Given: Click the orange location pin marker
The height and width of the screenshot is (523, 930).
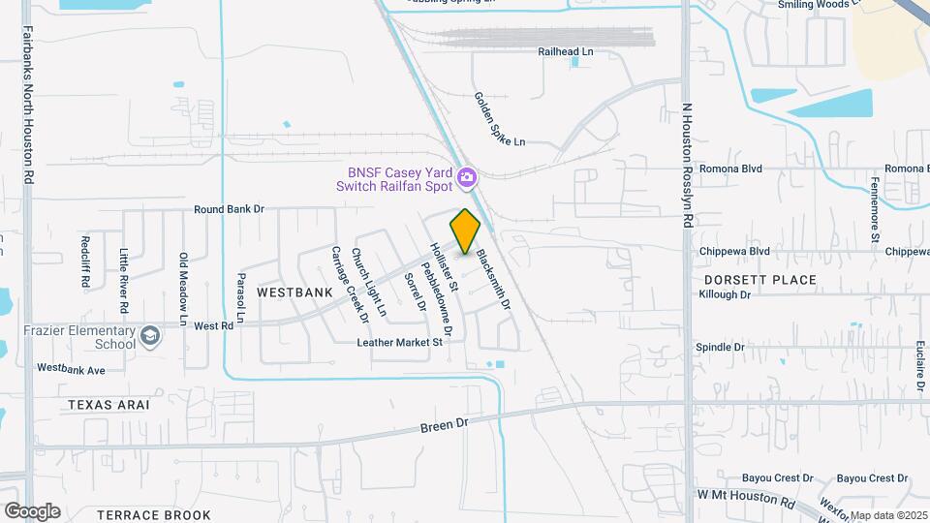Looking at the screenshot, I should (466, 231).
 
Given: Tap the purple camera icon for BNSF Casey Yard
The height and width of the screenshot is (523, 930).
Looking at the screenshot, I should (467, 177).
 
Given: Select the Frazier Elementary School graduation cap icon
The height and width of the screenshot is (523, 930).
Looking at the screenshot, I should (149, 336).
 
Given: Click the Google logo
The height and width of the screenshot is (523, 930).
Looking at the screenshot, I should (32, 510).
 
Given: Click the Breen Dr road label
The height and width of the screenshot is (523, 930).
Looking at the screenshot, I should (444, 425).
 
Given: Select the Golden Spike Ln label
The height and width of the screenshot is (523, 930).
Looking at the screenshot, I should (499, 119).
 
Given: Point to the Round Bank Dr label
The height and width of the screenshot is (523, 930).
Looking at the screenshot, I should (229, 208).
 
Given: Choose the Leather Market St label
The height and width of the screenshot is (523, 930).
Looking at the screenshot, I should (399, 342).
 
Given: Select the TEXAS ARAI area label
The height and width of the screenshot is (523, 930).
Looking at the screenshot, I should (107, 405).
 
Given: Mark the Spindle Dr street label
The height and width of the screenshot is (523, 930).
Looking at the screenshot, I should (720, 346).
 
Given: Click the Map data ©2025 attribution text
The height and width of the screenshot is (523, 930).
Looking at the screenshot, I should (888, 515).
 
